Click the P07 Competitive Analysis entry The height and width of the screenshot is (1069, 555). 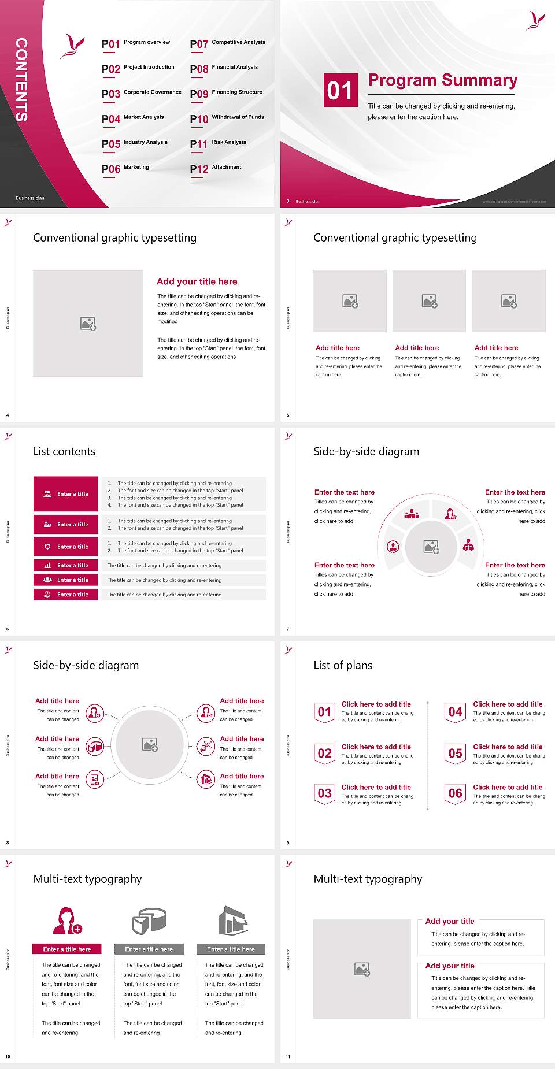point(228,43)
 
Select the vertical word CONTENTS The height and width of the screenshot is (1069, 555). point(21,80)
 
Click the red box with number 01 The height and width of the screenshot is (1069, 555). point(339,90)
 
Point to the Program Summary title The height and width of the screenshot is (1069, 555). point(442,80)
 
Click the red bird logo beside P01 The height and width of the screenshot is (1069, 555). point(72,47)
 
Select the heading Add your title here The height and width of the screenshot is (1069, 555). point(197,281)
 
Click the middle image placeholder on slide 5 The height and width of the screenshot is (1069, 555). point(429,301)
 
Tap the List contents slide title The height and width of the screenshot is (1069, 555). point(64,451)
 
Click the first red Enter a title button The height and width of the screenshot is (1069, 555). point(66,494)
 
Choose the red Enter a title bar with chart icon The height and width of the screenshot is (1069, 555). point(66,565)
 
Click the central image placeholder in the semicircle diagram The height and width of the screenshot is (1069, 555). point(431,546)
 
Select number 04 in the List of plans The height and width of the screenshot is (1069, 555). point(456,712)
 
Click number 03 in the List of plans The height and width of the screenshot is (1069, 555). point(324,794)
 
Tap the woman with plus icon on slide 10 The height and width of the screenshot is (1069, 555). point(67,920)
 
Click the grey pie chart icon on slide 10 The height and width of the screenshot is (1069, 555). point(149,920)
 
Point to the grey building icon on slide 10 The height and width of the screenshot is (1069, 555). point(233,920)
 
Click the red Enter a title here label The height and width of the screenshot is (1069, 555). point(67,949)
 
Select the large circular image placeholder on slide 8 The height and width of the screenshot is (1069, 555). point(150,745)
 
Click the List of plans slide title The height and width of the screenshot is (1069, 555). point(343,665)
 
